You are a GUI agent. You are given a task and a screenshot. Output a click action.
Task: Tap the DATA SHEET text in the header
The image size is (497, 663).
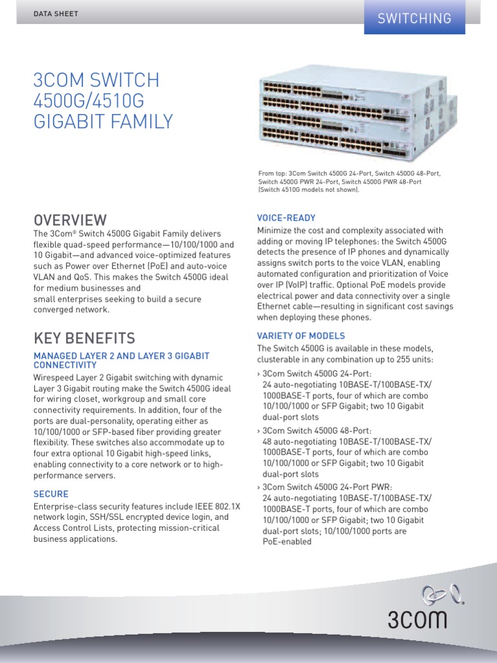56,14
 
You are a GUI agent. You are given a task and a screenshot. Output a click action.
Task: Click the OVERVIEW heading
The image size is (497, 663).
70,220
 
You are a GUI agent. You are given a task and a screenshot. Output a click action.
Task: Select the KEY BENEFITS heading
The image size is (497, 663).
84,338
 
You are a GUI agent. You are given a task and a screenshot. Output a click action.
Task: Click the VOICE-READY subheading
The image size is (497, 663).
286,218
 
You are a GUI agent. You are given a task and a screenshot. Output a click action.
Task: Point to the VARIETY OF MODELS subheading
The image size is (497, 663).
301,336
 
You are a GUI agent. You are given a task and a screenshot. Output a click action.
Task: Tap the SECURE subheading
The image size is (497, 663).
50,494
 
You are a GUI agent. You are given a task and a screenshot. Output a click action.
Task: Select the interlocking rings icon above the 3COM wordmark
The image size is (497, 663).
435,592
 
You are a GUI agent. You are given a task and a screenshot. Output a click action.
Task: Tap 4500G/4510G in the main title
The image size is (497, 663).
89,101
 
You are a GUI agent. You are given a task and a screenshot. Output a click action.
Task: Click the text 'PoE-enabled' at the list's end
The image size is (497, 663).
287,541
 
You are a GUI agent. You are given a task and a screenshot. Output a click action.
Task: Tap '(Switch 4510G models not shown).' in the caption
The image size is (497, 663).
308,190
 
